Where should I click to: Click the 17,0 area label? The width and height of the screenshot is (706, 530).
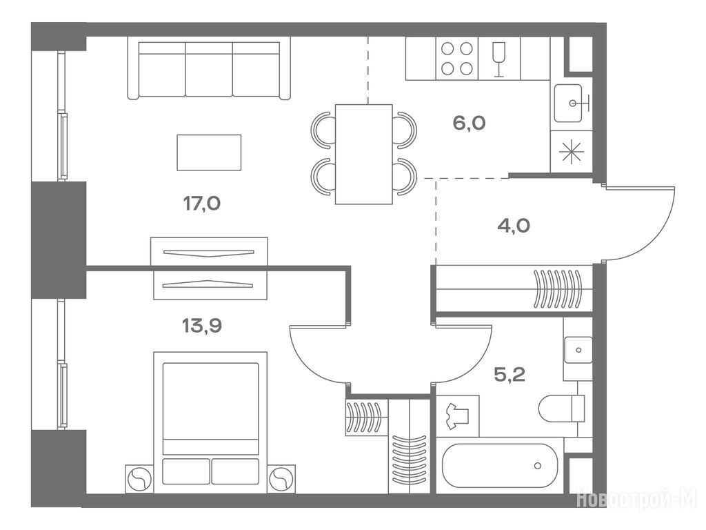point(202,204)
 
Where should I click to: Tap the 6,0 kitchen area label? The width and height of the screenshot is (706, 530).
point(469,123)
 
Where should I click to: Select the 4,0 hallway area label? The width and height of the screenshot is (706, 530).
point(514,225)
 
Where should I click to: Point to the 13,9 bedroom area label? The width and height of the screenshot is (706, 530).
point(202,325)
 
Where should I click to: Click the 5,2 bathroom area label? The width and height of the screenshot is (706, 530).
point(510,374)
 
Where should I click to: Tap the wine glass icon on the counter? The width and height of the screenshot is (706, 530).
point(499,59)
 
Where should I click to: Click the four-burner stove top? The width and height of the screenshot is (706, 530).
point(456,59)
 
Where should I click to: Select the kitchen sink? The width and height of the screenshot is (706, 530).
point(568,104)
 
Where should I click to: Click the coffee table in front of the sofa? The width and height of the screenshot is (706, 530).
point(209,153)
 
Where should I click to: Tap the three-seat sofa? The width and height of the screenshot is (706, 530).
point(209,68)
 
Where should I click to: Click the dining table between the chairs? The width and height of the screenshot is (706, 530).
point(364,154)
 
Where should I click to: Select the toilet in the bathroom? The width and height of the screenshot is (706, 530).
point(561,409)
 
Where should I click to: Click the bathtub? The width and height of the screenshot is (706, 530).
point(500,466)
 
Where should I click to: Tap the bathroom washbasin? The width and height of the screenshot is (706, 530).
point(578,350)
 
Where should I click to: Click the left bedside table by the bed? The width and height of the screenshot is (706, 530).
point(139,479)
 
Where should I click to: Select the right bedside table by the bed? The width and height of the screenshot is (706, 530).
point(282,479)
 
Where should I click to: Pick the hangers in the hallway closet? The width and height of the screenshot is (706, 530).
point(557,289)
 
